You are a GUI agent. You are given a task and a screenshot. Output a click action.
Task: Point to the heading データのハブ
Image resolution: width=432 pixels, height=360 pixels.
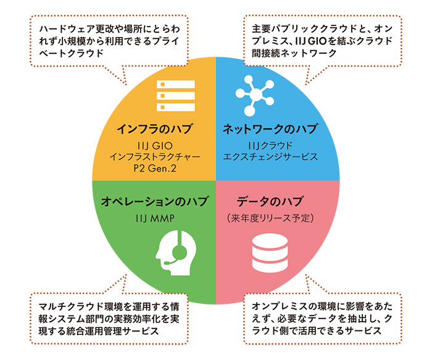271,201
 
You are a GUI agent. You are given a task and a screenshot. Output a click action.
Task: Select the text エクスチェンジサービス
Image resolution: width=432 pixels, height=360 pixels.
270,157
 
